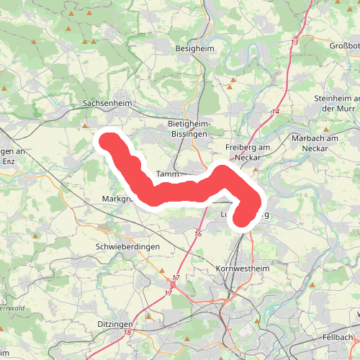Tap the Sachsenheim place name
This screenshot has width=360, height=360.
point(108,104)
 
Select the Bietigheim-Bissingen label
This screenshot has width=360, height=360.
point(187,128)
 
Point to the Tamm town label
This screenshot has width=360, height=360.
point(166,174)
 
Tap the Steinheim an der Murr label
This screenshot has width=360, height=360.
point(336,103)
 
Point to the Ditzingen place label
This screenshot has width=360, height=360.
point(117,325)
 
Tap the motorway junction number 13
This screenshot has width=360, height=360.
point(294,43)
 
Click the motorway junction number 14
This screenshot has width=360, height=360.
point(276,112)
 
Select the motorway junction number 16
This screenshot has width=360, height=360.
point(198,234)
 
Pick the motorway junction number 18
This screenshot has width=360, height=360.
point(127,332)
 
